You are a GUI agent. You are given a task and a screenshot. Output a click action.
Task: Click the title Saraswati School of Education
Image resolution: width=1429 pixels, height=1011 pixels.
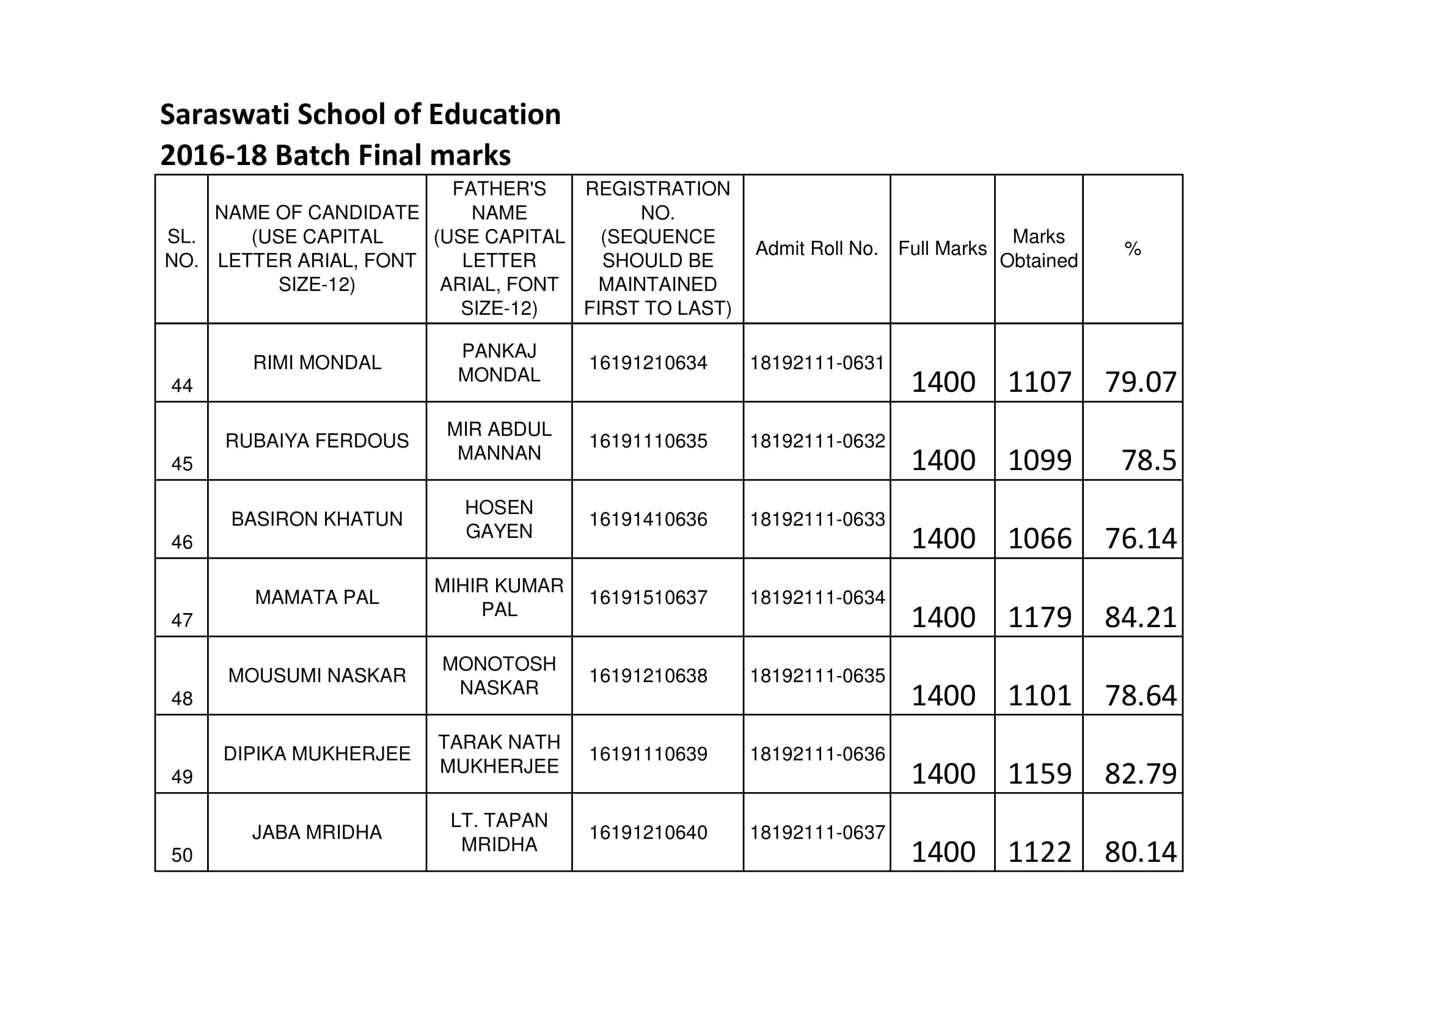pyautogui.click(x=360, y=114)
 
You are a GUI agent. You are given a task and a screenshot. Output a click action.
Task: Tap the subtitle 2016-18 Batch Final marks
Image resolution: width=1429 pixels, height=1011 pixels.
pyautogui.click(x=335, y=156)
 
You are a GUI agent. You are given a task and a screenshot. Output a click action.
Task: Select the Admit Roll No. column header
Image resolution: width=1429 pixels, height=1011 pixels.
pyautogui.click(x=817, y=248)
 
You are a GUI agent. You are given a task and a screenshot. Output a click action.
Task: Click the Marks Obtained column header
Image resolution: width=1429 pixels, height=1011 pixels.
pyautogui.click(x=1038, y=248)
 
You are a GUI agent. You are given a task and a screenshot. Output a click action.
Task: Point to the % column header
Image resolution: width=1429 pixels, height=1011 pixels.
pyautogui.click(x=1132, y=249)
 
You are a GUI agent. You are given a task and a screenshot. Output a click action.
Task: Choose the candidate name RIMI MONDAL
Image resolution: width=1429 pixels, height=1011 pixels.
pyautogui.click(x=317, y=362)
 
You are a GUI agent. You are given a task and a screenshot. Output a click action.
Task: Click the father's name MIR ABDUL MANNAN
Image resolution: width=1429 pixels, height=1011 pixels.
pyautogui.click(x=499, y=441)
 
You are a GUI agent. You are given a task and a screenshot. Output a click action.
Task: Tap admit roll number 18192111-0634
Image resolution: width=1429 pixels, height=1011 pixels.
pyautogui.click(x=817, y=598)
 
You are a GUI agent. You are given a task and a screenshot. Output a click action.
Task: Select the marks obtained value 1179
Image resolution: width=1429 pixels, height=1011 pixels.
pyautogui.click(x=1039, y=617)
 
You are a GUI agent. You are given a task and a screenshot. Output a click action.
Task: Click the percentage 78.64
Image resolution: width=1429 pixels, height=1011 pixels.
pyautogui.click(x=1140, y=696)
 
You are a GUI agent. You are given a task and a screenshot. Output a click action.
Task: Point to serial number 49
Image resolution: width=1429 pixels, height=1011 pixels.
pyautogui.click(x=181, y=777)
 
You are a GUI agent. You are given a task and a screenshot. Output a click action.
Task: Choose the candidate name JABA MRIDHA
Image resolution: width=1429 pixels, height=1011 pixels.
pyautogui.click(x=317, y=833)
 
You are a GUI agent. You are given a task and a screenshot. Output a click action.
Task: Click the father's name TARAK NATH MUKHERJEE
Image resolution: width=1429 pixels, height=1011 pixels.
pyautogui.click(x=499, y=754)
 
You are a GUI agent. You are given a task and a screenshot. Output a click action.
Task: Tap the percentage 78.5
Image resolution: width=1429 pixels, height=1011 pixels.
pyautogui.click(x=1149, y=461)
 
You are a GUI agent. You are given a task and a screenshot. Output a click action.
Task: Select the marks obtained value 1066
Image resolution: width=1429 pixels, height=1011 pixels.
pyautogui.click(x=1039, y=539)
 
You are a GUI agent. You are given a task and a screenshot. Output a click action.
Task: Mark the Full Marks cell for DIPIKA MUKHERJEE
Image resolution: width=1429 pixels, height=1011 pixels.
pyautogui.click(x=943, y=774)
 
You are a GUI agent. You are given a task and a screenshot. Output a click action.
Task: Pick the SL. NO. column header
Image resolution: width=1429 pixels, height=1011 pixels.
pyautogui.click(x=181, y=248)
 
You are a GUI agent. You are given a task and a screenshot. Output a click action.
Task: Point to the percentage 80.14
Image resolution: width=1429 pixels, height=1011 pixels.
pyautogui.click(x=1140, y=852)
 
